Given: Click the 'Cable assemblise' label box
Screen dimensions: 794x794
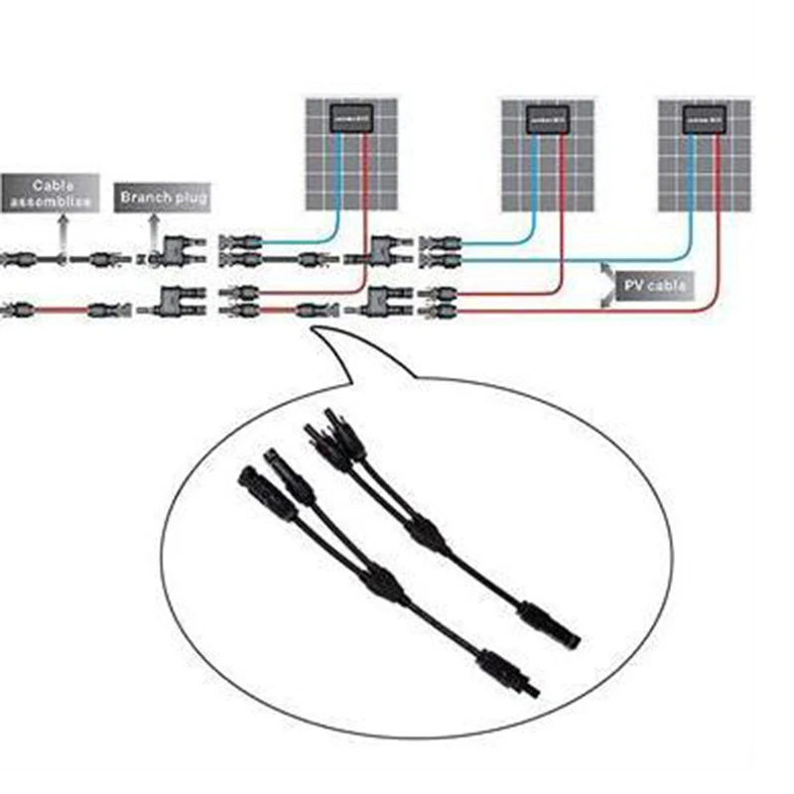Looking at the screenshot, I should pos(50,193).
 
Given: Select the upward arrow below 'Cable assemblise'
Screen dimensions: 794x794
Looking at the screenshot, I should pos(63,234).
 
